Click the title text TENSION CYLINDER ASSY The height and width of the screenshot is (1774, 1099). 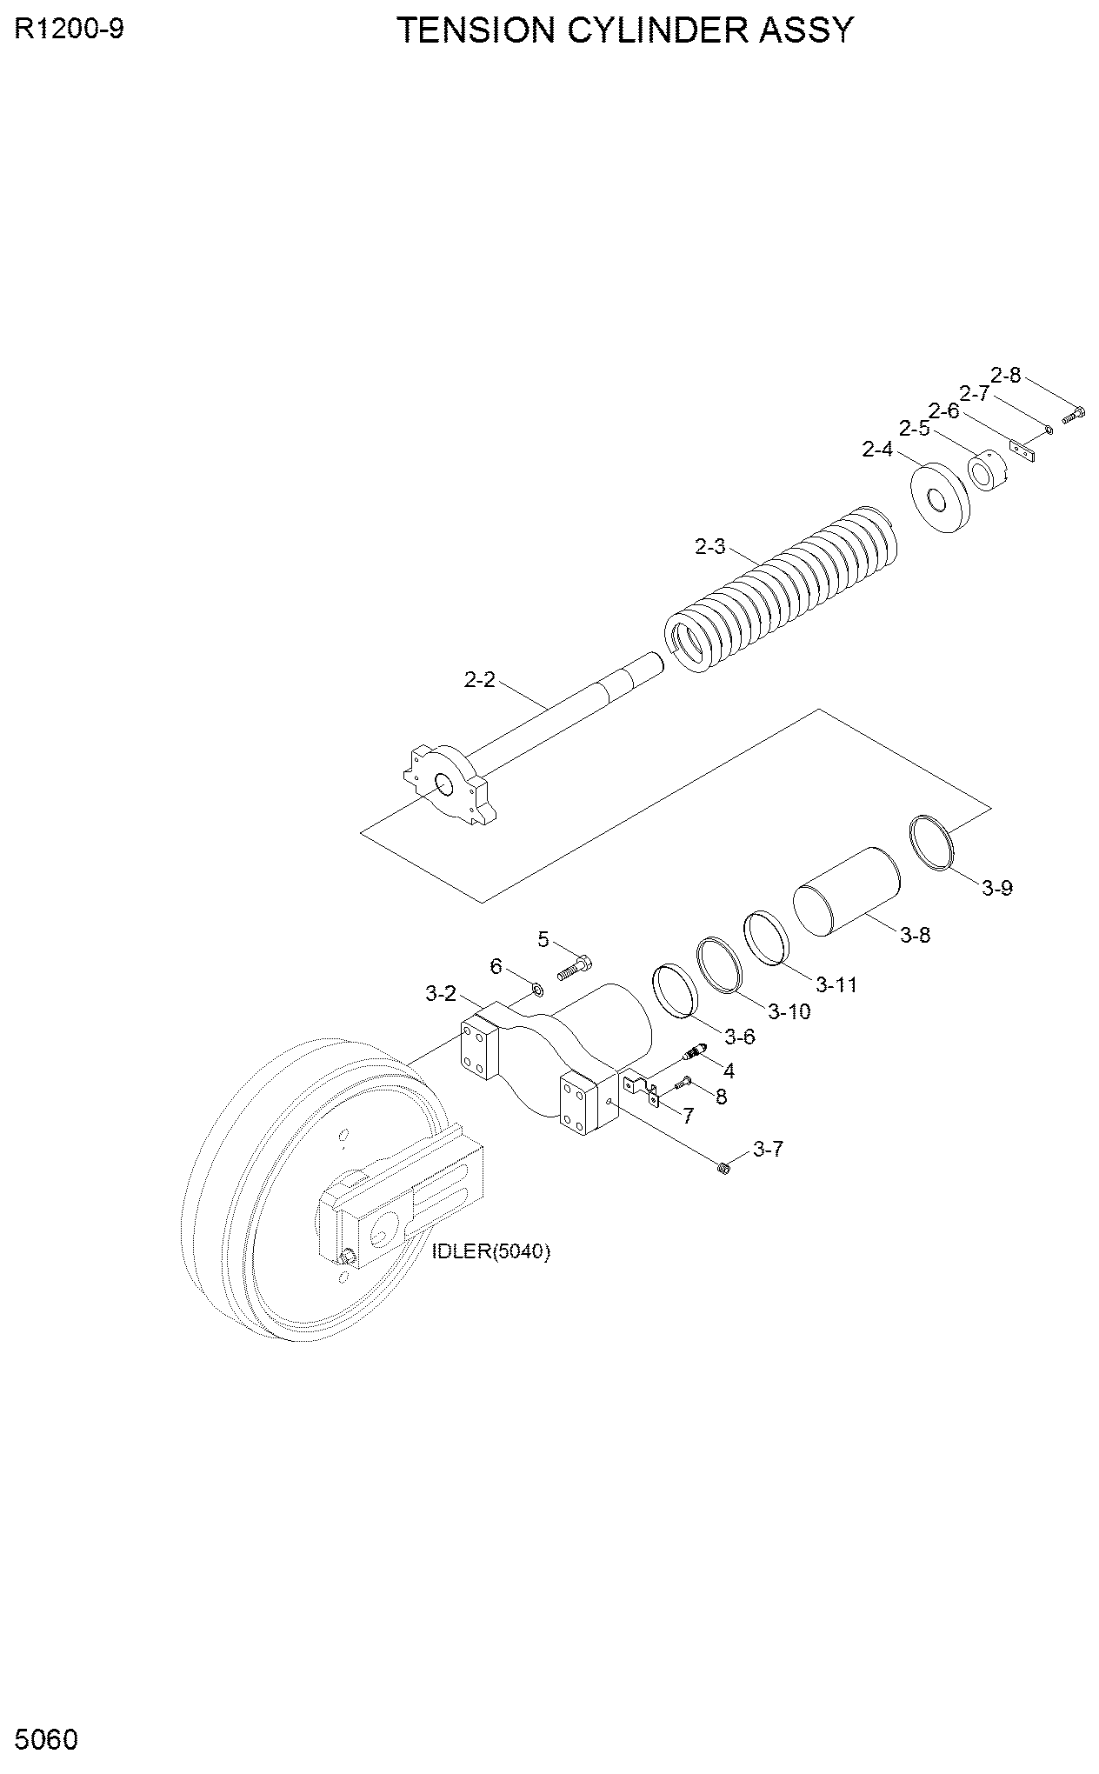(626, 30)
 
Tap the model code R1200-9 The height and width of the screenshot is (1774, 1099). (69, 30)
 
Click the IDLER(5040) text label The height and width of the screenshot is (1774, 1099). (491, 1251)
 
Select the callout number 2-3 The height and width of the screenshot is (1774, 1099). (709, 547)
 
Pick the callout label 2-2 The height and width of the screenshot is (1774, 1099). (479, 679)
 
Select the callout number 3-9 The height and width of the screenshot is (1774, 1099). (997, 888)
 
